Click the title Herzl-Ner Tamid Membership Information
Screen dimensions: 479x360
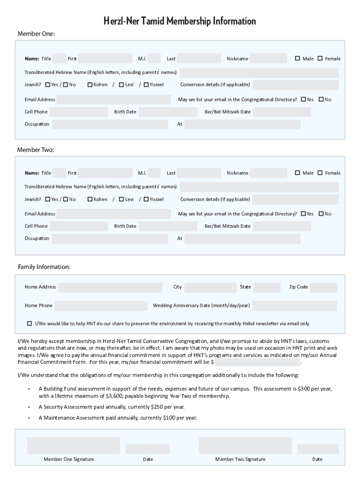click(x=180, y=21)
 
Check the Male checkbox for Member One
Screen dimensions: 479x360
click(x=297, y=58)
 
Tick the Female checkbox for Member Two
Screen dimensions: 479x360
click(x=320, y=173)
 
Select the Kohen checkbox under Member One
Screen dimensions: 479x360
click(x=90, y=85)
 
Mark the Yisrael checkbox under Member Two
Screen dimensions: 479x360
click(x=146, y=199)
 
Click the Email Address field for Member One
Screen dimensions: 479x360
click(x=114, y=100)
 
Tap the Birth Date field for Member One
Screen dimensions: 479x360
click(x=168, y=112)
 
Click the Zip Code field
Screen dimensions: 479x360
click(x=323, y=287)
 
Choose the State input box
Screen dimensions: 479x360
click(x=267, y=287)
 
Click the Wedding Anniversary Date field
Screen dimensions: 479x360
click(x=295, y=306)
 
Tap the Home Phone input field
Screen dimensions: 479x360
click(x=101, y=306)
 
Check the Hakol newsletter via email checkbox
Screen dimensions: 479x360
click(x=30, y=324)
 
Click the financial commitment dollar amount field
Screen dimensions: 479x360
click(x=258, y=362)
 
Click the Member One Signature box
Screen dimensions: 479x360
click(x=73, y=445)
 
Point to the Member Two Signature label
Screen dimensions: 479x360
click(x=240, y=459)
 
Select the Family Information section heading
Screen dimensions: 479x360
click(x=44, y=267)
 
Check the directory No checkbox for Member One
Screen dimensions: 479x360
click(x=321, y=100)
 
